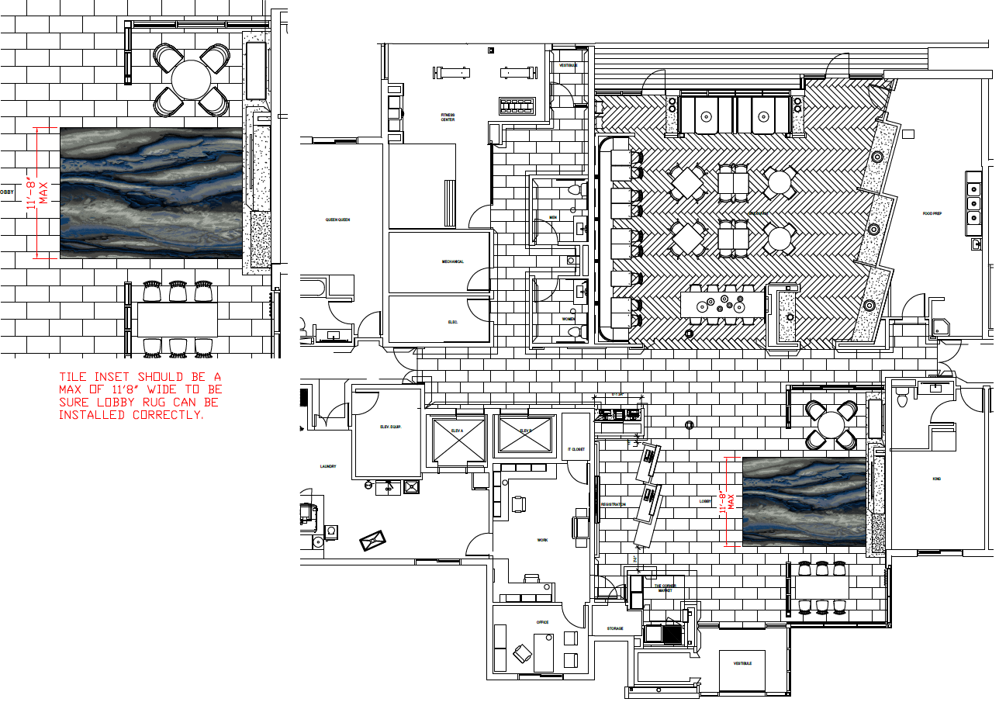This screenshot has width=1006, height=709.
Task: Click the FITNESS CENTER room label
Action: [448, 117]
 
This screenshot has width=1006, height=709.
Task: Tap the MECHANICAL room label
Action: [453, 261]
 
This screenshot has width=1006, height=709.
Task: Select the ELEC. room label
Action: [454, 321]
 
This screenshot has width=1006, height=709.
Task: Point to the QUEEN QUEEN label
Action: [337, 220]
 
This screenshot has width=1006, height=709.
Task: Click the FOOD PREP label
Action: [932, 213]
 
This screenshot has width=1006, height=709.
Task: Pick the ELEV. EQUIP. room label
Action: [389, 427]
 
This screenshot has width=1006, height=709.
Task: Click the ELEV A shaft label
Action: [457, 431]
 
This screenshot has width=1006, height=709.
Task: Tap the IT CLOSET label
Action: [576, 449]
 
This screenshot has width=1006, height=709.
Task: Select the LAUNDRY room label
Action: [327, 466]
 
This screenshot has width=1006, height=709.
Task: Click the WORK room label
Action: [542, 540]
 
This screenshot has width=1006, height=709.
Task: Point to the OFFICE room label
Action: [542, 622]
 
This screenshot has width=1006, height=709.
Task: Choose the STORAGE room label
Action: [615, 628]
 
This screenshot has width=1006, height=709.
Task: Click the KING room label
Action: [936, 479]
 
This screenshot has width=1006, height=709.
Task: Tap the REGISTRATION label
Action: [613, 504]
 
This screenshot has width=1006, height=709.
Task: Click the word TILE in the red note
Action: [74, 376]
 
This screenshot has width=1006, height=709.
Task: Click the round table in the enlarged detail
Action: [192, 79]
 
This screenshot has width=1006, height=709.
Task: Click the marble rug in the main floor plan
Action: [804, 501]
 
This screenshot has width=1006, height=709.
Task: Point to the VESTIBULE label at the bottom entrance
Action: [742, 663]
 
